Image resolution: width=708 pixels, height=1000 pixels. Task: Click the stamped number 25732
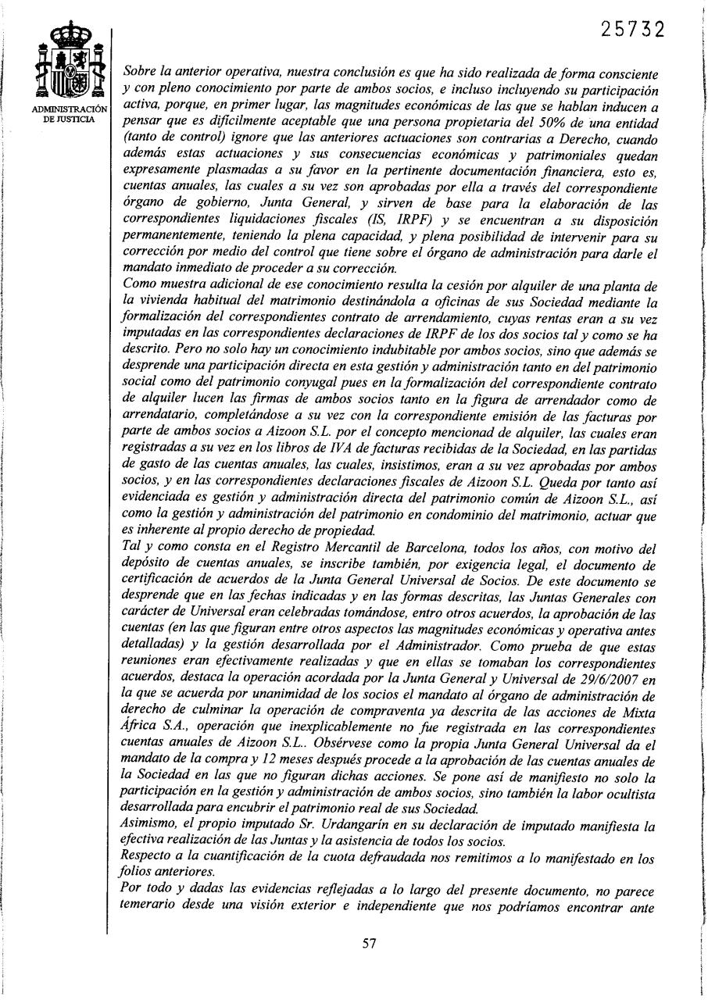(633, 30)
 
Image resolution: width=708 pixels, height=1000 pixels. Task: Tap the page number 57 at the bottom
(371, 943)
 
